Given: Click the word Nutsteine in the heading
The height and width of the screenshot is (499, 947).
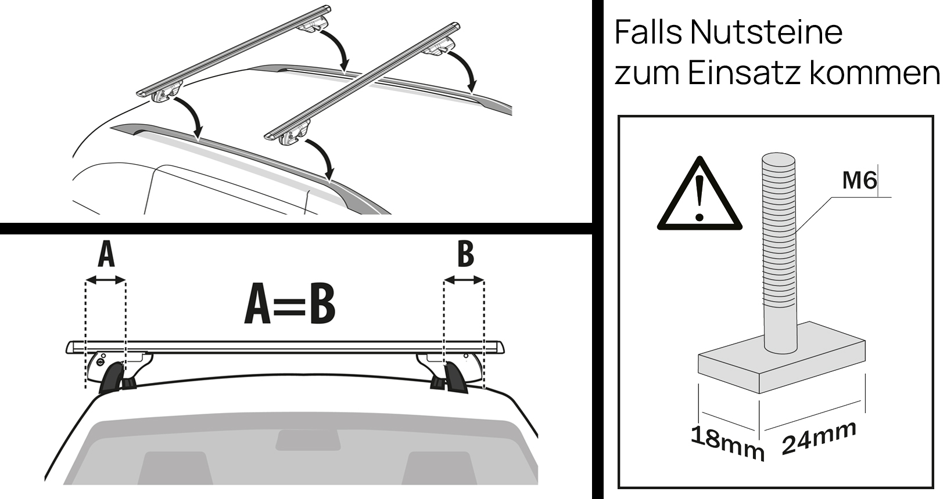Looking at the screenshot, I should pyautogui.click(x=766, y=32).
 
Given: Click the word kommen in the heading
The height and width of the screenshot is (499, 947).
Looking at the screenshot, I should pyautogui.click(x=870, y=74).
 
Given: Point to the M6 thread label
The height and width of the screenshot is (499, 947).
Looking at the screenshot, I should pyautogui.click(x=859, y=181).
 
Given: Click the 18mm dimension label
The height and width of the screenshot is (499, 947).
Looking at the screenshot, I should pyautogui.click(x=727, y=442).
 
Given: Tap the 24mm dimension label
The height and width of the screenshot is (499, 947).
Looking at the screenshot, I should pyautogui.click(x=819, y=437).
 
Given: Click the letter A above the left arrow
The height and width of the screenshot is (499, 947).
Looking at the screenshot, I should pyautogui.click(x=106, y=256).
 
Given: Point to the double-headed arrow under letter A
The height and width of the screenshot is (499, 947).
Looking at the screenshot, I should pyautogui.click(x=106, y=281).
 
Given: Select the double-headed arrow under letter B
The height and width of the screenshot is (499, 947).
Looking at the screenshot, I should pyautogui.click(x=464, y=281).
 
